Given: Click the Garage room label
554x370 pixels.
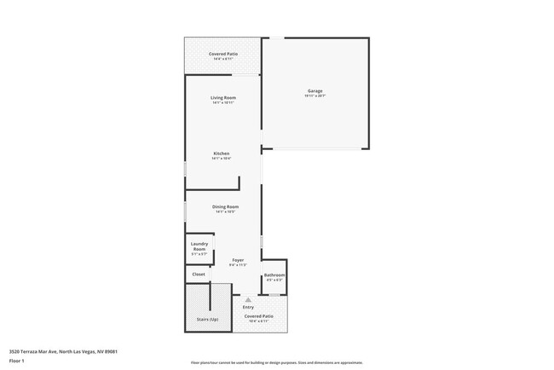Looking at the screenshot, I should coord(315,90).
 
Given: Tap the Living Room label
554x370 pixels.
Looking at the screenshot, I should coord(223,97).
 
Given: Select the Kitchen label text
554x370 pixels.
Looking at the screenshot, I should coord(222,153).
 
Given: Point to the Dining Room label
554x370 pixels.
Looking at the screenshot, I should coord(225,206).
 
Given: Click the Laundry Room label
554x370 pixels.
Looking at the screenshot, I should coord(199,246).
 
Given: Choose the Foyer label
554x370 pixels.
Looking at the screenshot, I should coord(238,259).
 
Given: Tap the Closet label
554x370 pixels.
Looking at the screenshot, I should coord(199,275).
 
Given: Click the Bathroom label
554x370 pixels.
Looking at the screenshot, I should coord(274,275).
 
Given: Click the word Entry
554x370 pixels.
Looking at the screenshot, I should coord(248,307).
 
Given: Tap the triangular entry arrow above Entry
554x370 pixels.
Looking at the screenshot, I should coord(248,300).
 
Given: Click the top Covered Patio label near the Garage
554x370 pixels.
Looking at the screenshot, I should coord(223,54).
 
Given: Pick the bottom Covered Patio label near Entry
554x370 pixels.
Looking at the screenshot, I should coord(258,315).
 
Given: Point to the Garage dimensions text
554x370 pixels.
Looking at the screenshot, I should coord(315,96).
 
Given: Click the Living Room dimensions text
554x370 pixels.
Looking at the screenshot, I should coord(223,103).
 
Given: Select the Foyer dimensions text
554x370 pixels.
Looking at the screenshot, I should coord(238,265).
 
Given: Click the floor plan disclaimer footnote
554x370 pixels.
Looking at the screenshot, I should coord(276,362).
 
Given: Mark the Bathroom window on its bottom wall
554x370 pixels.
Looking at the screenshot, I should coord(274,294).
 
